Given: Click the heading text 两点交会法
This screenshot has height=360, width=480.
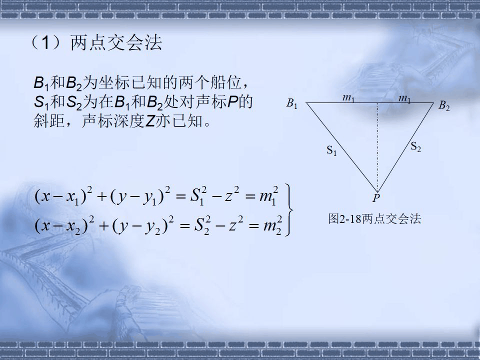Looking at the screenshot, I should pyautogui.click(x=116, y=43).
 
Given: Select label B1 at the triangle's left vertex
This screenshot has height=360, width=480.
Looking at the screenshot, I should pyautogui.click(x=291, y=103).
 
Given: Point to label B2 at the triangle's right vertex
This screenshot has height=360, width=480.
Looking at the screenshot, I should pyautogui.click(x=443, y=105).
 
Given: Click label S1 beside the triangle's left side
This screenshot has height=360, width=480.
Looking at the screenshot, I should pyautogui.click(x=331, y=149).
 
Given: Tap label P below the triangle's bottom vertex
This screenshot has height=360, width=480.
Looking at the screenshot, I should pyautogui.click(x=376, y=198).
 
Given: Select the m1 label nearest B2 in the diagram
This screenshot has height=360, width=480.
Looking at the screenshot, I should pyautogui.click(x=404, y=98).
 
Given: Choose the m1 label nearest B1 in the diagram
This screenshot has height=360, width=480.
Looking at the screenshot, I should pyautogui.click(x=348, y=98).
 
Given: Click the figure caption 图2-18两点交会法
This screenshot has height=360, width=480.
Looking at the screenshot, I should pyautogui.click(x=374, y=218).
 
